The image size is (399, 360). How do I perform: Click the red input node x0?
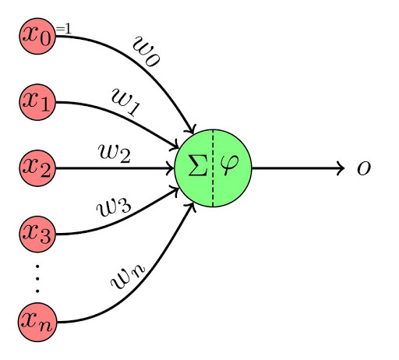click(x=38, y=35)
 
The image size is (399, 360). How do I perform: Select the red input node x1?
click(x=38, y=101)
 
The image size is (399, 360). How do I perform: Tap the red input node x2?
click(x=38, y=168)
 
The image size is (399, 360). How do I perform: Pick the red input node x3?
click(x=38, y=234)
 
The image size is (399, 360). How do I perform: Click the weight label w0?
click(x=147, y=54)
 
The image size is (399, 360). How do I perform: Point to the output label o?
click(x=363, y=168)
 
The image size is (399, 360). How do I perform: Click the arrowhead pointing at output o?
click(x=340, y=168)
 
